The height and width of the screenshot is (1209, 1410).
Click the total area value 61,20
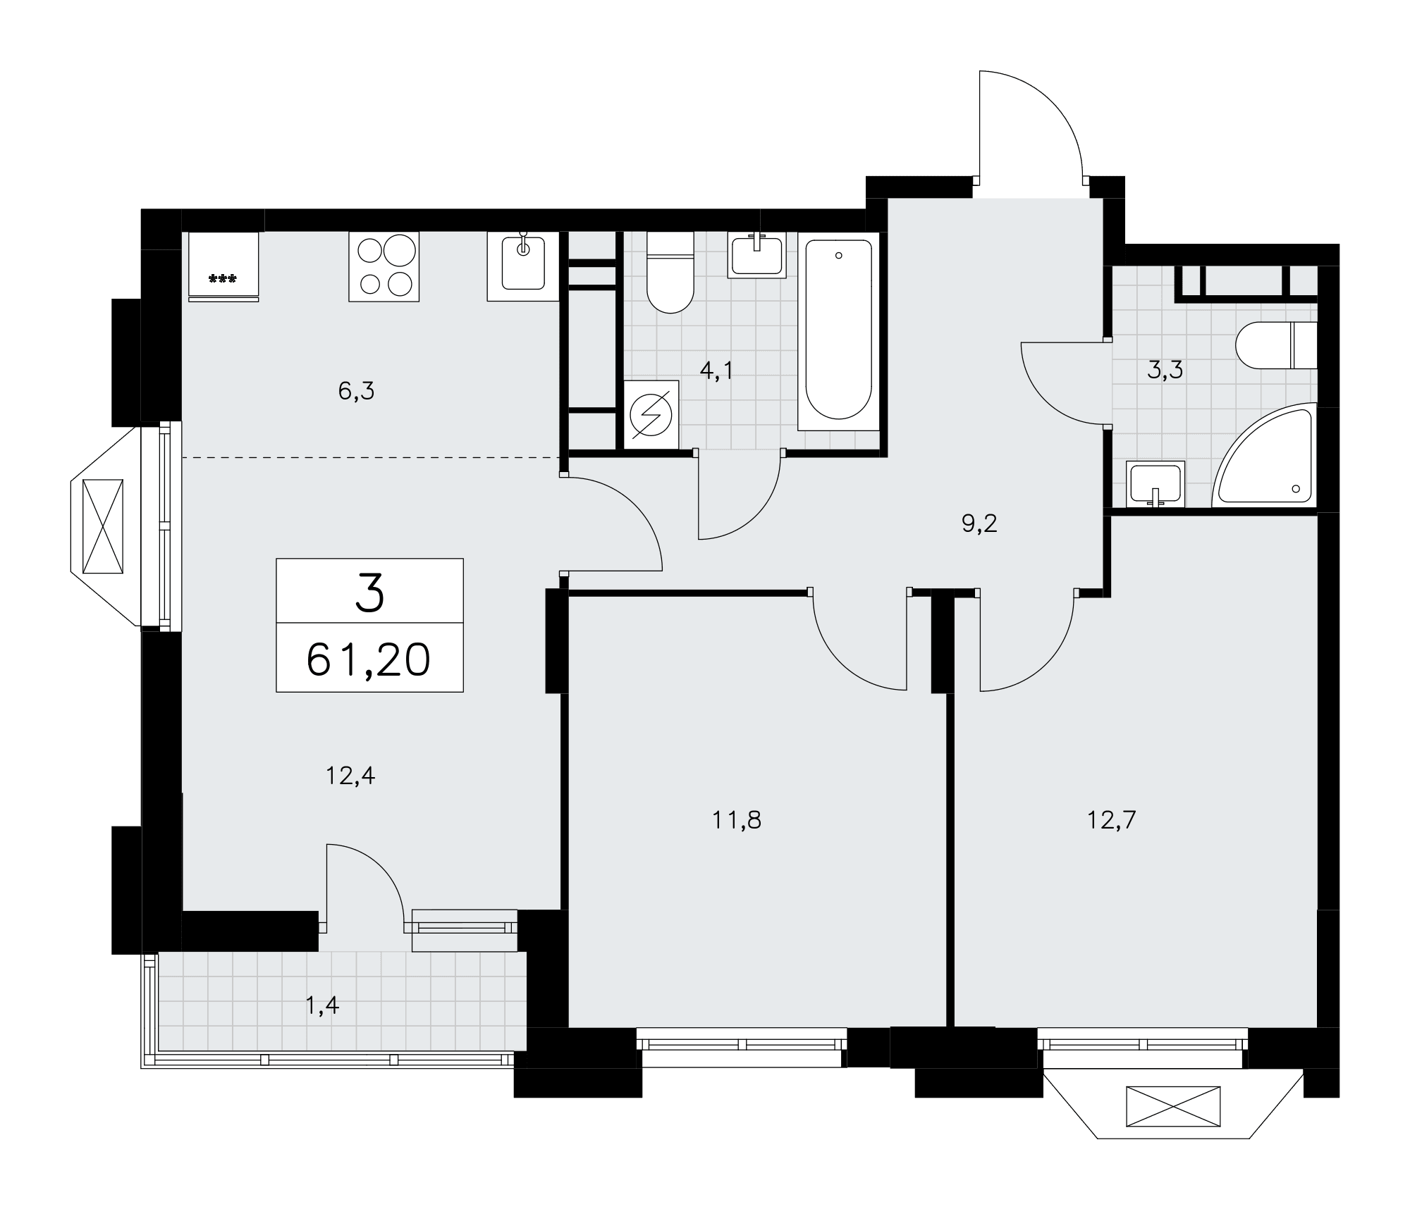point(369,660)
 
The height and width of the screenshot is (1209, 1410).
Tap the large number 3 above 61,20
point(369,592)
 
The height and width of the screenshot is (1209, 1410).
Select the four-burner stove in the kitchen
point(384,266)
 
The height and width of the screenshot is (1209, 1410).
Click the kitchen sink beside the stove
point(522,266)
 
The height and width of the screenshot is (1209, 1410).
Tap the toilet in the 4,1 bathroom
point(670,272)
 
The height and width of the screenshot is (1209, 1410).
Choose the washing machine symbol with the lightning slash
point(652,415)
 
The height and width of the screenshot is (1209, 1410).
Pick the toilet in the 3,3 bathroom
point(1277,345)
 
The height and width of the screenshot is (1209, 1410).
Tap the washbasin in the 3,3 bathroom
point(1155,484)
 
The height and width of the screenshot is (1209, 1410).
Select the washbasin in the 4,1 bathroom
point(756,255)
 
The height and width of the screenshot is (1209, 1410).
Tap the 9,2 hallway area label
point(979,523)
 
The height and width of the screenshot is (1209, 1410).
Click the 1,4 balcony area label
point(322,1005)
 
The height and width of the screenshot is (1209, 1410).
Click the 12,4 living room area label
point(350,776)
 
